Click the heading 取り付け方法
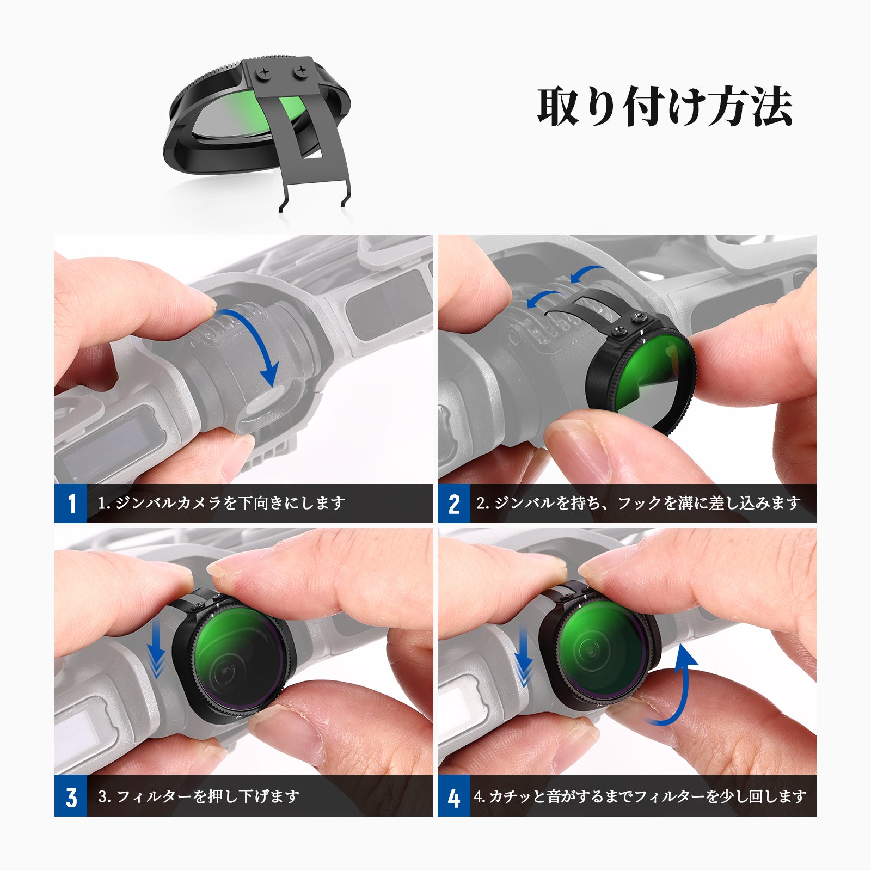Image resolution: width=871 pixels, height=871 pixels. coord(664,107)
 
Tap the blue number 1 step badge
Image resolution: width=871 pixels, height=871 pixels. coord(71,504)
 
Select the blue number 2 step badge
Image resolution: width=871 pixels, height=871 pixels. coord(454,504)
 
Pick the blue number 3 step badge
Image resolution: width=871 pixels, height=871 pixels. coord(71,797)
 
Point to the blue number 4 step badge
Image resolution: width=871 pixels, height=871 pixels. coord(454,797)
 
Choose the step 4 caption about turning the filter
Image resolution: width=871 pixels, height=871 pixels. coord(640,796)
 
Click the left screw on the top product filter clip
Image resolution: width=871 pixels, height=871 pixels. coord(265,72)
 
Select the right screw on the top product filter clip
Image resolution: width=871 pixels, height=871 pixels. coord(300,71)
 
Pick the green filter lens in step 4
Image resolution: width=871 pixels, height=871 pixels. coord(599,651)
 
